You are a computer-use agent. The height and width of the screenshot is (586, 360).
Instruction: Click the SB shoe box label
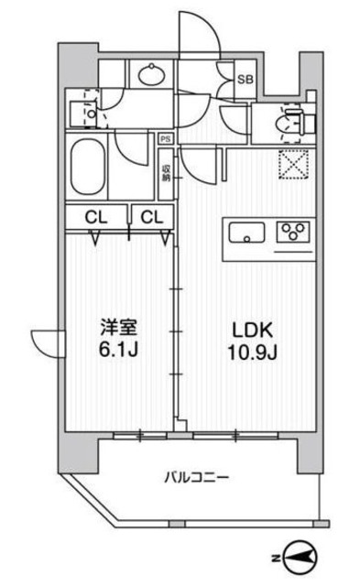point(245,79)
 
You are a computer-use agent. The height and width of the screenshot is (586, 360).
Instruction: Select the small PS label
point(166,139)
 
